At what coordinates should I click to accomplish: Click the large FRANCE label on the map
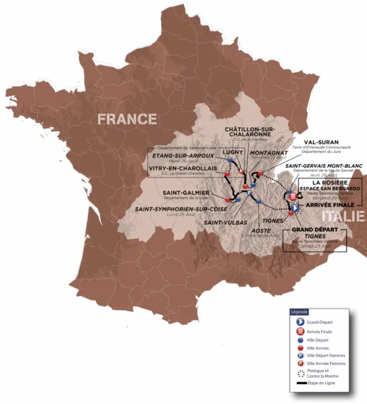(x=127, y=119)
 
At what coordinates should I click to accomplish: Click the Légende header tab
(x=299, y=312)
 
